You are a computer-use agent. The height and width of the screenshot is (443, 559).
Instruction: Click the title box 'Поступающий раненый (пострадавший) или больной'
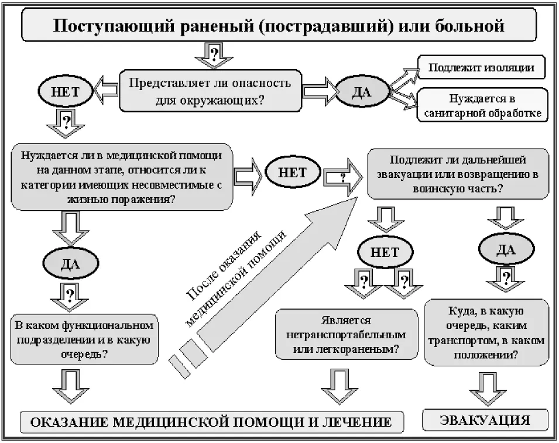(x=279, y=26)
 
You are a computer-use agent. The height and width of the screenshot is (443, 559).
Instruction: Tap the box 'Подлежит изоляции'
(x=481, y=67)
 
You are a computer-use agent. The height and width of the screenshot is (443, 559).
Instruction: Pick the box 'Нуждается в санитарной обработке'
(x=482, y=105)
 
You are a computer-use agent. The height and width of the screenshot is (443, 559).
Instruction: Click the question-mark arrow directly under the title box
(x=215, y=56)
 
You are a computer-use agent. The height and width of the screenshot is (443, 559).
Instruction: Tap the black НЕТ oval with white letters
(x=293, y=173)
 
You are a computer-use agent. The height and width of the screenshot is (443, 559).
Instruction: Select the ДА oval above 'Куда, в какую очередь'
(x=506, y=250)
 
